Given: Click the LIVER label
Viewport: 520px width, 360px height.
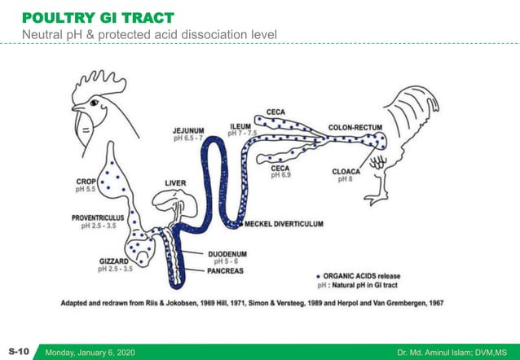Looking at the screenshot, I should [x=176, y=182].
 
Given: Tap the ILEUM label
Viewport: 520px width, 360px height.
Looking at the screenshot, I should [x=240, y=125].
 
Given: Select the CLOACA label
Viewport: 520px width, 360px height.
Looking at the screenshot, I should [x=345, y=171].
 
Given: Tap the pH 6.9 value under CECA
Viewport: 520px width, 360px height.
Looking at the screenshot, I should [x=280, y=175].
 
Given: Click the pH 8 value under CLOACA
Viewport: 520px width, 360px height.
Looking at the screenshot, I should [x=345, y=179].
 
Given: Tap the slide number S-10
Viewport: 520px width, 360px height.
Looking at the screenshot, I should [x=18, y=351].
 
